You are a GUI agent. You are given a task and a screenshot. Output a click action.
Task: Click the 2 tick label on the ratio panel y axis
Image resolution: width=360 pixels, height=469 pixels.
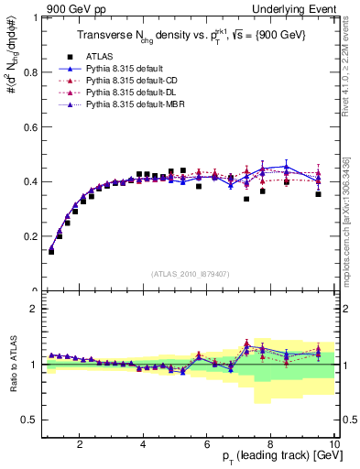click(x=35, y=309)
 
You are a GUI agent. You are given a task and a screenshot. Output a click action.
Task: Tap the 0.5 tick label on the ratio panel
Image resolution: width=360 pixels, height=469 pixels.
click(x=30, y=420)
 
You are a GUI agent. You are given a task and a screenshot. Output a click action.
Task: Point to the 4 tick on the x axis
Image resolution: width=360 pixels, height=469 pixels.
click(x=144, y=445)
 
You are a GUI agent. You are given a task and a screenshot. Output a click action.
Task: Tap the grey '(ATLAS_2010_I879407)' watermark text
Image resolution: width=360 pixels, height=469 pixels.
click(x=190, y=272)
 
